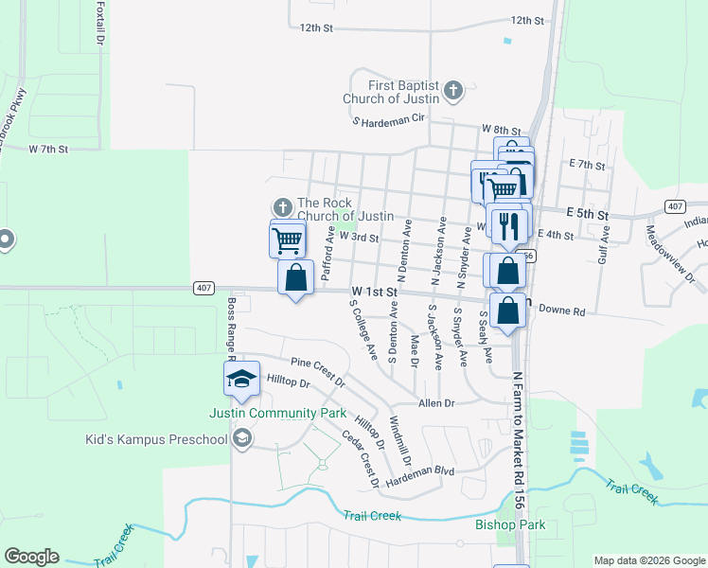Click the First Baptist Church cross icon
tap(453, 92)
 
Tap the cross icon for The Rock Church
tap(282, 207)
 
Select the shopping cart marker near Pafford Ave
tap(288, 239)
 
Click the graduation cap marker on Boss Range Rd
tap(241, 379)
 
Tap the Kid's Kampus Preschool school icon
tap(242, 437)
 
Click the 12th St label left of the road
tap(316, 28)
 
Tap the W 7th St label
tap(50, 149)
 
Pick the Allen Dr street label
tap(437, 402)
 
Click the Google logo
tap(31, 557)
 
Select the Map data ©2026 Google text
tap(648, 560)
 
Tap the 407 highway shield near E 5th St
tap(674, 206)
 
